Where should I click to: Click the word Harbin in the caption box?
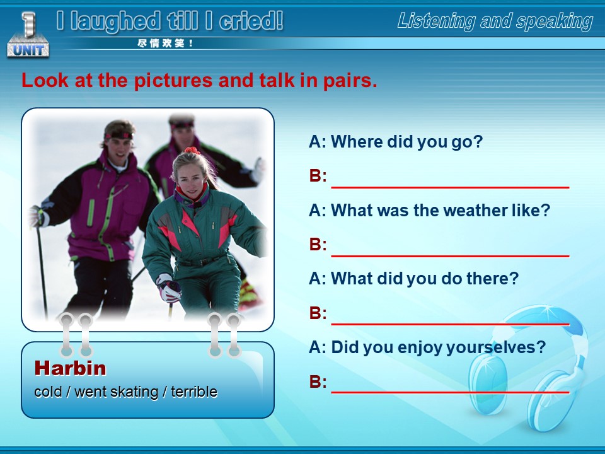[70, 368]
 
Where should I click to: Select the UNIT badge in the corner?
[28, 35]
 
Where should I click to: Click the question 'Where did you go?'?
[396, 141]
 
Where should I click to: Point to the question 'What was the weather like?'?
[429, 210]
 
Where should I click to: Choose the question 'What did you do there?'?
[414, 278]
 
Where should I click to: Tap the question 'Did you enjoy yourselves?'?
[427, 347]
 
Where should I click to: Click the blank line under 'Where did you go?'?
[450, 187]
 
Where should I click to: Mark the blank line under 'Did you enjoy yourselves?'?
[450, 393]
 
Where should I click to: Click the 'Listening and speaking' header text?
[495, 21]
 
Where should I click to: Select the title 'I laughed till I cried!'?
[170, 21]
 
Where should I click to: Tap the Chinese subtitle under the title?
[165, 44]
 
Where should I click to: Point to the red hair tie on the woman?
[192, 150]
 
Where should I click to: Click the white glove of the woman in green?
[168, 288]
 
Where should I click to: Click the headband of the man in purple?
[119, 136]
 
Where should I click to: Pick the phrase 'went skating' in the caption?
[117, 392]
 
